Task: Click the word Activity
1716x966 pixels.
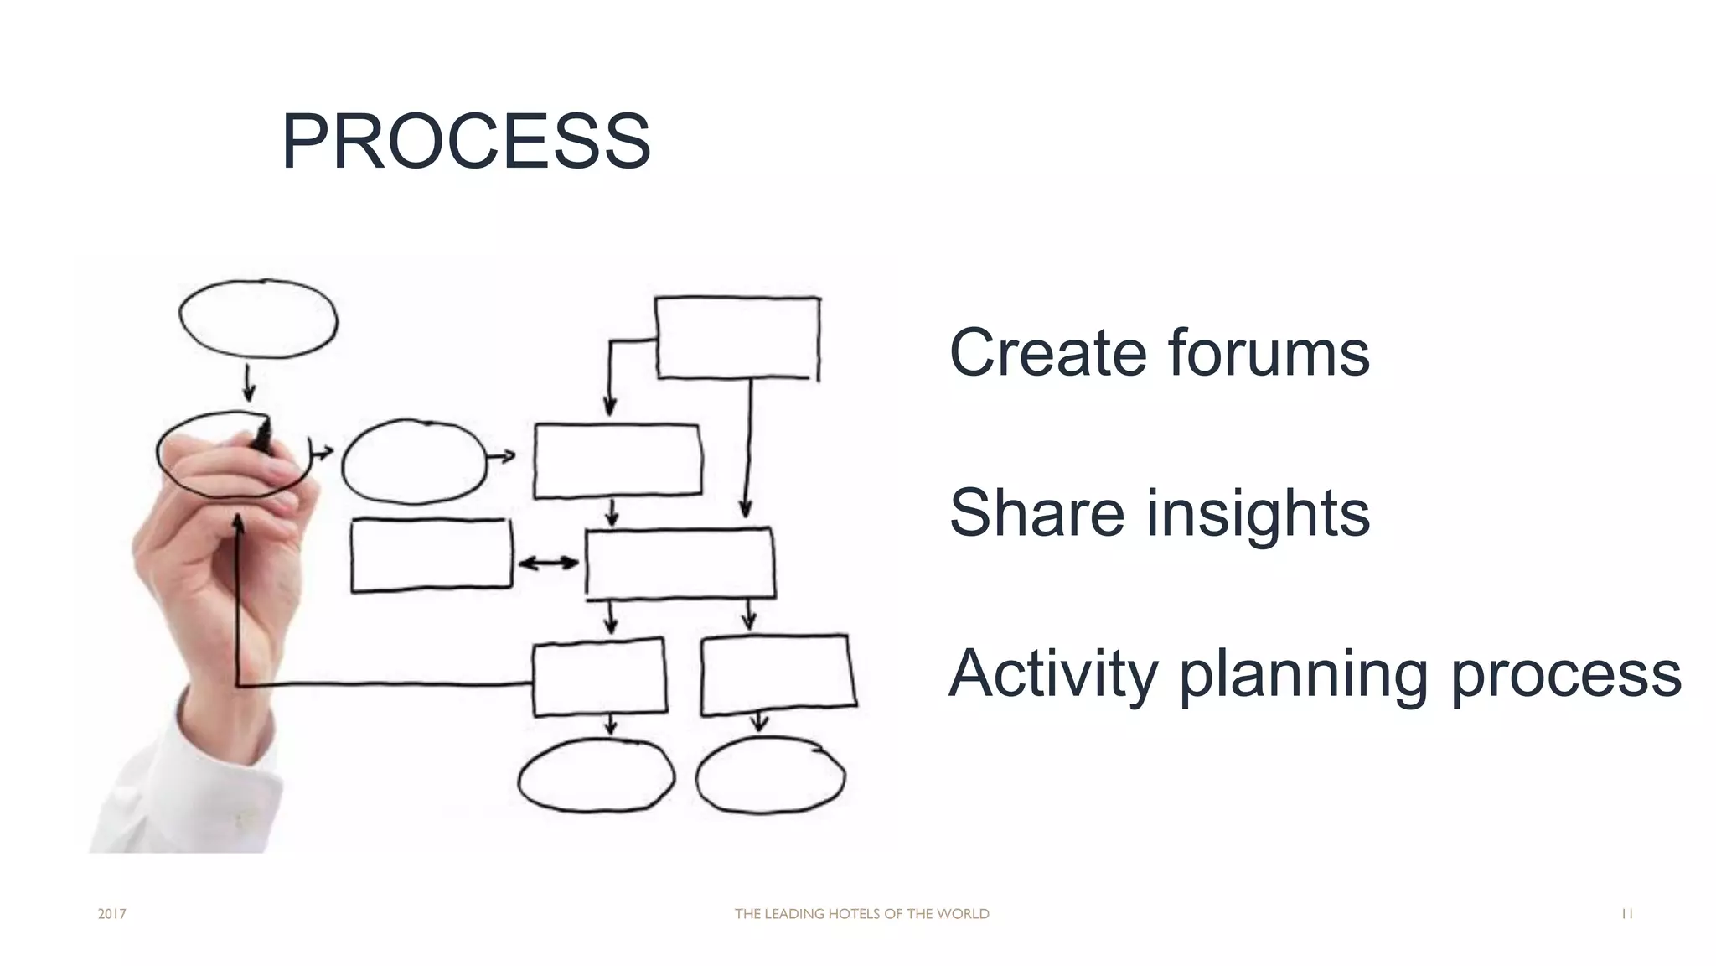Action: pos(1053,673)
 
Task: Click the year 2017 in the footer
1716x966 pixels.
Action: pos(111,914)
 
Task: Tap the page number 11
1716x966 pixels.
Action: pos(1626,914)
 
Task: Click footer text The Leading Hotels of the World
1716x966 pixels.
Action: pos(861,914)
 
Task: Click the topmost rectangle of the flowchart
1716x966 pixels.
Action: pos(737,337)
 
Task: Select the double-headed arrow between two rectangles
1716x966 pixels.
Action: pos(548,563)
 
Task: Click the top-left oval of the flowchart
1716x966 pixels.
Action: pos(258,319)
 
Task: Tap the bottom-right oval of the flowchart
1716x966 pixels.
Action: pos(770,776)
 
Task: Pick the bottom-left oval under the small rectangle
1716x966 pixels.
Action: pos(596,776)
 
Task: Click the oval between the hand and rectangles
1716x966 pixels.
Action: pos(414,461)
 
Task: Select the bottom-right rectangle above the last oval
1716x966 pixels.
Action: pos(778,674)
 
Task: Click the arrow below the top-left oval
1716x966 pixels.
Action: pos(249,383)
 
